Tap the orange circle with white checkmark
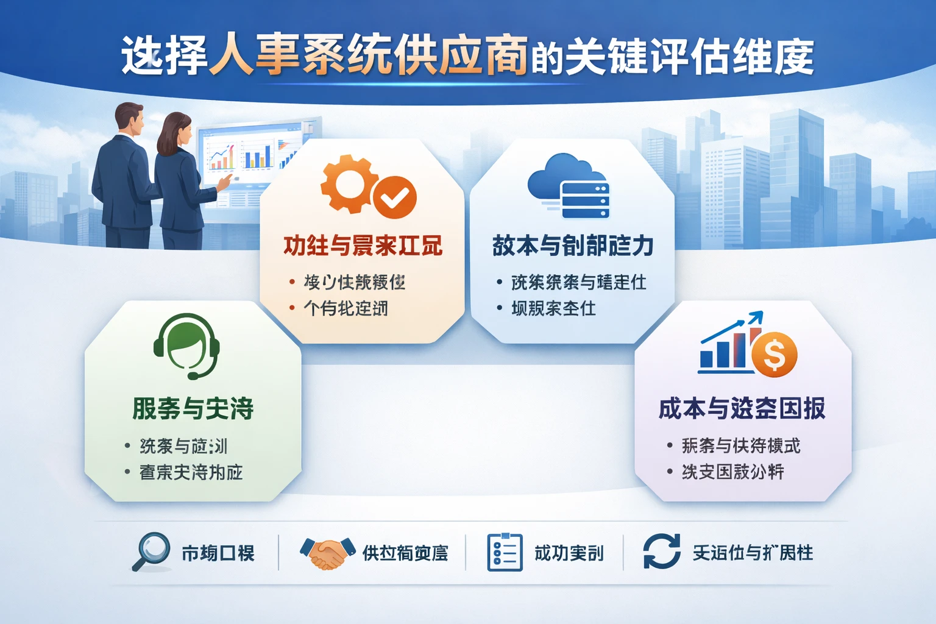point(395,197)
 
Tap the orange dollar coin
point(775,354)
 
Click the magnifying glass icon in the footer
point(151,551)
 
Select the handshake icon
point(328,552)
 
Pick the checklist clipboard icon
point(505,552)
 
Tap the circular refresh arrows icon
point(662,551)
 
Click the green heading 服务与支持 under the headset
point(193,408)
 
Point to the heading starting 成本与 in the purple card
point(742,408)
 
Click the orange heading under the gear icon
point(363,246)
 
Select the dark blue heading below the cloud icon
point(573,246)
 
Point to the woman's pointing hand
point(225,182)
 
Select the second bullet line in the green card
point(191,472)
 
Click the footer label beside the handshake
point(405,553)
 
